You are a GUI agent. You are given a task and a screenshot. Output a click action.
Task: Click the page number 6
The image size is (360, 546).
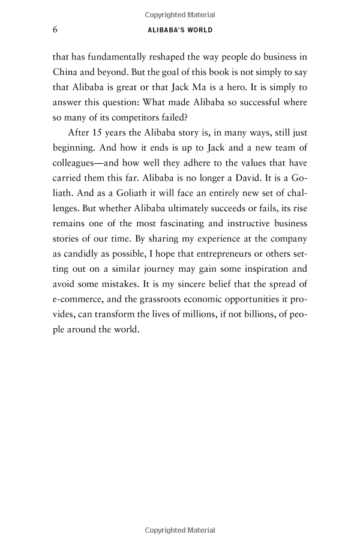(55, 30)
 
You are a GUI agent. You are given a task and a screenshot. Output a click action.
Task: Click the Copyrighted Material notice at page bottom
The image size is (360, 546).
(180, 531)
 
